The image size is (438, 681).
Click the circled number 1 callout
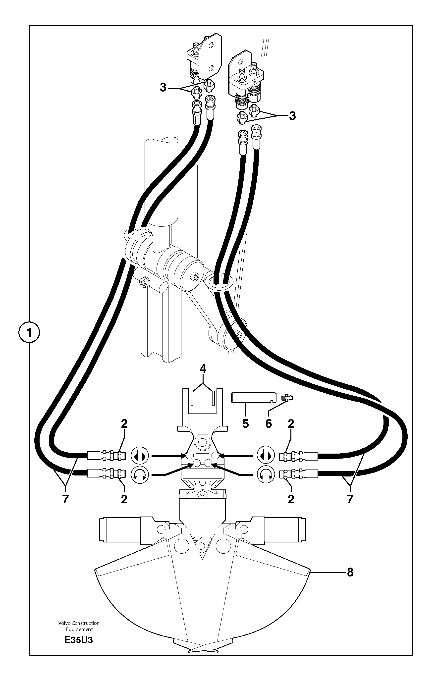click(x=29, y=332)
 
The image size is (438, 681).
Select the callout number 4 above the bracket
click(x=203, y=369)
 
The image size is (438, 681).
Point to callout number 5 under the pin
click(x=245, y=424)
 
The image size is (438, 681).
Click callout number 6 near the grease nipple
click(x=269, y=424)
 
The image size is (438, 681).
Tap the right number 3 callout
click(x=292, y=116)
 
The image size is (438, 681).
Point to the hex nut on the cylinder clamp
click(x=143, y=282)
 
